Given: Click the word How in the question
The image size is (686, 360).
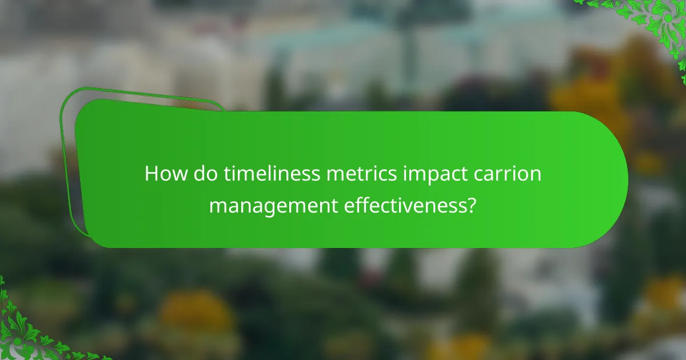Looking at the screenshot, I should (162, 174).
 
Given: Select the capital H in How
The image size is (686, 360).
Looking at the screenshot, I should (151, 174).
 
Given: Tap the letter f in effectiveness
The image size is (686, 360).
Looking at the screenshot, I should (357, 204).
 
